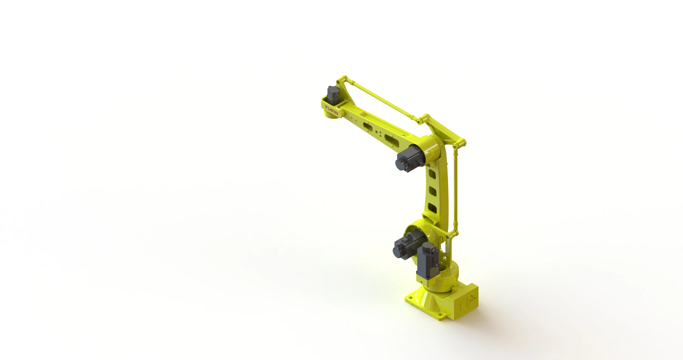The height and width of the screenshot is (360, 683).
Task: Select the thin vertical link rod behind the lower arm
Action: (456, 191)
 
